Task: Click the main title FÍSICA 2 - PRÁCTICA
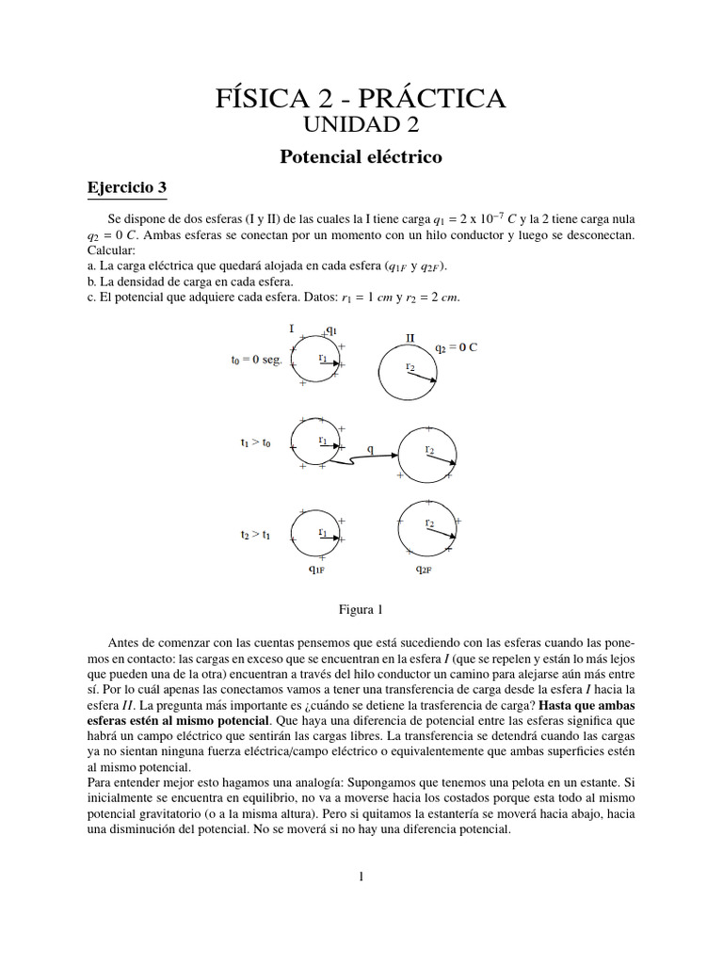tap(361, 97)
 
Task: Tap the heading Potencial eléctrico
tap(361, 156)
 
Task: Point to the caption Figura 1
tap(361, 609)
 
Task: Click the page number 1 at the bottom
tap(361, 876)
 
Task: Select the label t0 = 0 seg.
tap(256, 360)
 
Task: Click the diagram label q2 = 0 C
tap(457, 347)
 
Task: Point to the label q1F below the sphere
tap(317, 569)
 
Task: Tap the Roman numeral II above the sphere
tap(410, 337)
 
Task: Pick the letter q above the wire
tap(370, 449)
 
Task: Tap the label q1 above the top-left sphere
tap(331, 329)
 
